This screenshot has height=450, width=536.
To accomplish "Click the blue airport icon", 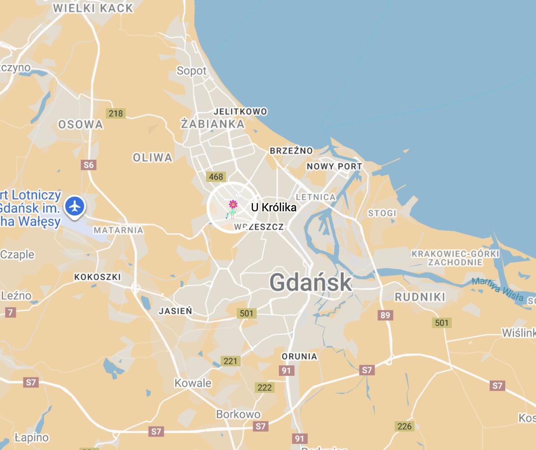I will pos(75,207).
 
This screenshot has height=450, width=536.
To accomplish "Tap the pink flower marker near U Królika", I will pos(233,205).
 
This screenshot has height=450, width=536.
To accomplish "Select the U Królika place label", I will pos(273,208).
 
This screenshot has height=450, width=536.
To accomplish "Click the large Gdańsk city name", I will pos(311,283).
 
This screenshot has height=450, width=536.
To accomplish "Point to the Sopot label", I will pos(191,71).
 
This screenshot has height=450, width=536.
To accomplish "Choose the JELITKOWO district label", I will pos(240,112).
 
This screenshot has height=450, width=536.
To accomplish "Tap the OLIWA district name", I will pos(152,157).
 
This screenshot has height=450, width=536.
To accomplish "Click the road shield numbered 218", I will pos(115,113).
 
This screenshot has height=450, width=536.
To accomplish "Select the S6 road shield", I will pos(88,165).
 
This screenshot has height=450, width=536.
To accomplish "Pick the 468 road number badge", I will pos(215,177).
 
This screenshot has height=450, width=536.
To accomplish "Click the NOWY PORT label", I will pos(334,166).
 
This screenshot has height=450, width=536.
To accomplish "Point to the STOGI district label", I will pos(382,213).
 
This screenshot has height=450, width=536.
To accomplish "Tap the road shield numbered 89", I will pos(385,315).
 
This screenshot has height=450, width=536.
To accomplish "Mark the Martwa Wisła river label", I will pos(497,289).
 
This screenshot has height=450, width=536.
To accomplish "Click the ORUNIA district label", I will pos(299,356).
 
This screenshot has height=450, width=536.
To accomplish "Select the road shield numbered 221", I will pos(230,361).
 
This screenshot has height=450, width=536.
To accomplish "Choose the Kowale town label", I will pos(193,383).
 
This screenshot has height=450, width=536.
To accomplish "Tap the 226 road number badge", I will pos(404,426).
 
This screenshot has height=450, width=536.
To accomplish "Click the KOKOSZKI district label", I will pos(97,277).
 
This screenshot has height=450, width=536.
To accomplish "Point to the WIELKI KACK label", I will pos(93,8).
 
